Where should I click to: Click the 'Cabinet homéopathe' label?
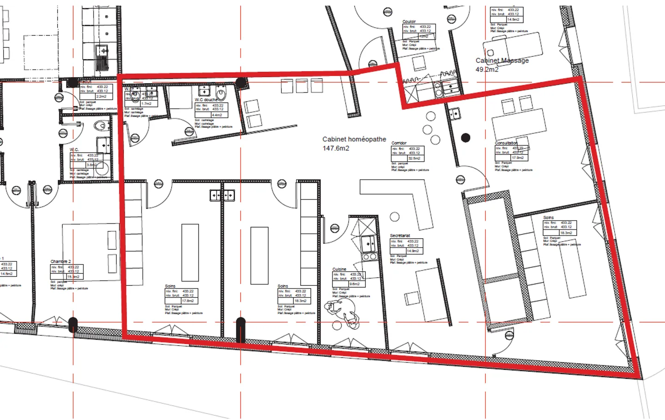[x=354, y=139]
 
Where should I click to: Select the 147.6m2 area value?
[x=336, y=148]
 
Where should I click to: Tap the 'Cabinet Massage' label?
[x=502, y=61]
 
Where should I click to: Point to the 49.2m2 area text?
[x=487, y=70]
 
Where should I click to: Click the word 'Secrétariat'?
[x=400, y=236]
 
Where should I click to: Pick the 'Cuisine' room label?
[x=339, y=269]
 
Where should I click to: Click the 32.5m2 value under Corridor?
[x=414, y=158]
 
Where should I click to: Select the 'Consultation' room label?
[x=506, y=143]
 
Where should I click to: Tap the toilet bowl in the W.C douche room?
[x=221, y=95]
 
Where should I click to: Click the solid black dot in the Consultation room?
[x=465, y=137]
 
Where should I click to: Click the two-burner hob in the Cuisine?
[x=369, y=256]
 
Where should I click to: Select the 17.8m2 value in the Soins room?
[x=187, y=301]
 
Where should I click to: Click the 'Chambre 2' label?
[x=60, y=261]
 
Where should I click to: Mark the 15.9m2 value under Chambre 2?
[x=73, y=277]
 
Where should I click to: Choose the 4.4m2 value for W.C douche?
[x=217, y=115]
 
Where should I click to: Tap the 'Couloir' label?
[x=409, y=22]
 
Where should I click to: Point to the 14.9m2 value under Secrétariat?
[x=413, y=251]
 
